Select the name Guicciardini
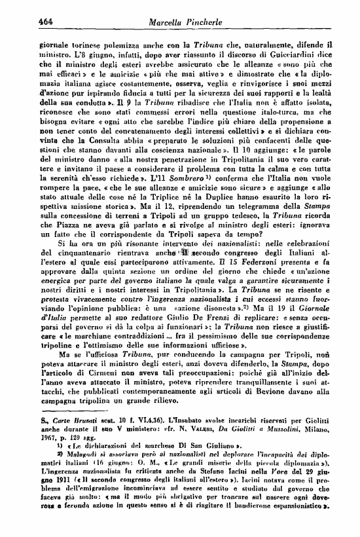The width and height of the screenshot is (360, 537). (x=306, y=50)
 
